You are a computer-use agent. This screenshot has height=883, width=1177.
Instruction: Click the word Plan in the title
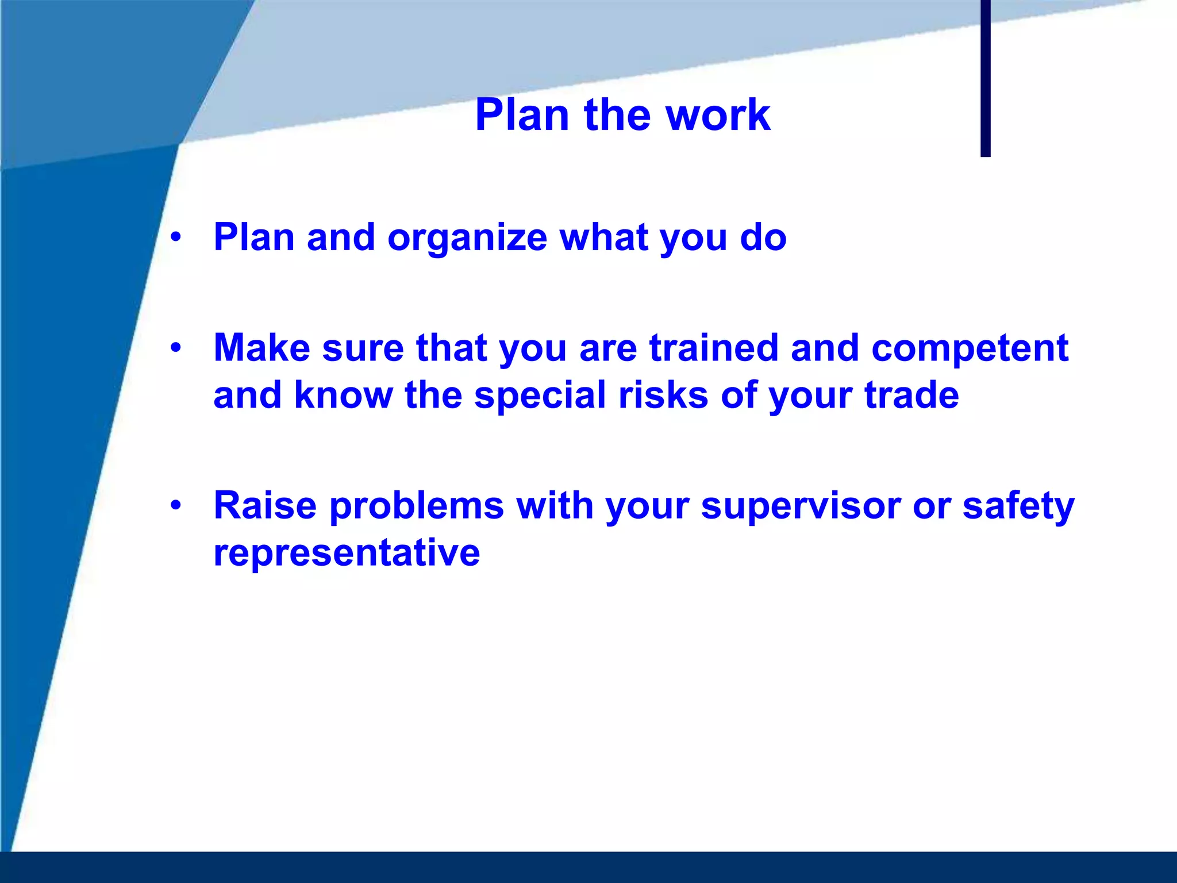coord(522,115)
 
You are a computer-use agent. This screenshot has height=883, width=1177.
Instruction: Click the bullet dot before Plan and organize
coord(176,236)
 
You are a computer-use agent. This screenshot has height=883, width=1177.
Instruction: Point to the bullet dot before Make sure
coord(176,347)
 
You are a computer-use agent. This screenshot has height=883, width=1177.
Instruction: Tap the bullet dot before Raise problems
coord(176,505)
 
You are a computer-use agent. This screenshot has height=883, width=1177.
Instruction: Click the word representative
coord(347,554)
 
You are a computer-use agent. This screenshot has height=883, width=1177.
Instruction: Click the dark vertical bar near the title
coord(985,78)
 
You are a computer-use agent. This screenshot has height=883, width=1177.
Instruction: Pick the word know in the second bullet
coord(343,396)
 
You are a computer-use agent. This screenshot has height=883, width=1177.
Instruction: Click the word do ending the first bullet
coord(763,237)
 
